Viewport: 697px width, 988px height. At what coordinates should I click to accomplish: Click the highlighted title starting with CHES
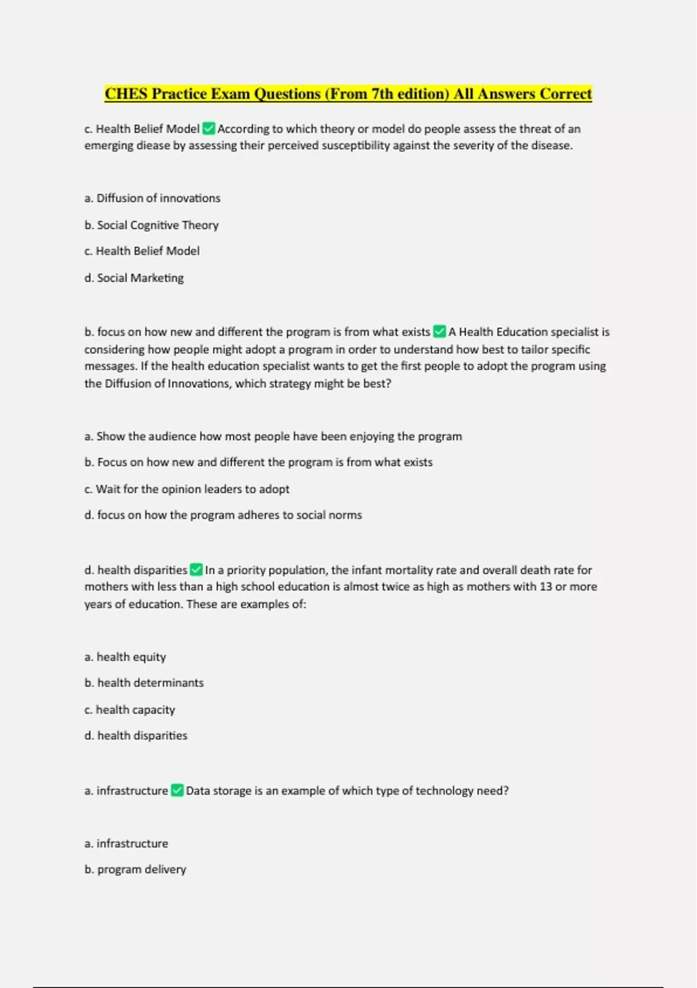tap(348, 94)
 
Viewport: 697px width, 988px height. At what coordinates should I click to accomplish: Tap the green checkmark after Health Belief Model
tap(209, 128)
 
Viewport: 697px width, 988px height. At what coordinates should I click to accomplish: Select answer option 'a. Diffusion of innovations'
tap(152, 198)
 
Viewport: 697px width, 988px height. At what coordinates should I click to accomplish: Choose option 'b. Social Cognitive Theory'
tap(152, 225)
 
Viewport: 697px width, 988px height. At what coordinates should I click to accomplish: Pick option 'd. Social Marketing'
tap(134, 278)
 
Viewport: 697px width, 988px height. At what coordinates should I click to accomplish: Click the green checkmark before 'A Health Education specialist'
tap(440, 332)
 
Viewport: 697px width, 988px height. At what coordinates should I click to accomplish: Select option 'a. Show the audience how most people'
tap(273, 436)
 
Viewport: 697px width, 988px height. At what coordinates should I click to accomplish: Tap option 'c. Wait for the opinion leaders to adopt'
tap(186, 489)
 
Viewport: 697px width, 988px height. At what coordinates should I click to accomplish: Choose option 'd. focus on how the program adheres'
tap(223, 515)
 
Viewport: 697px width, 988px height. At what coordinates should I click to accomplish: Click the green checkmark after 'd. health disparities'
tap(196, 570)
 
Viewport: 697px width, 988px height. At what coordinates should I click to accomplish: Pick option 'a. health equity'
tap(125, 657)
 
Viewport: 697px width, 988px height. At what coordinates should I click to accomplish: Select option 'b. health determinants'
tap(144, 683)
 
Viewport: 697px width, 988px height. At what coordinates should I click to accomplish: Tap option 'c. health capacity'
tap(130, 710)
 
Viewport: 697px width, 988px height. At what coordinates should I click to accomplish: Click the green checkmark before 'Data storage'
tap(177, 790)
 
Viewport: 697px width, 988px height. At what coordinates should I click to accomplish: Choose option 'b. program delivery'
tap(135, 869)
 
